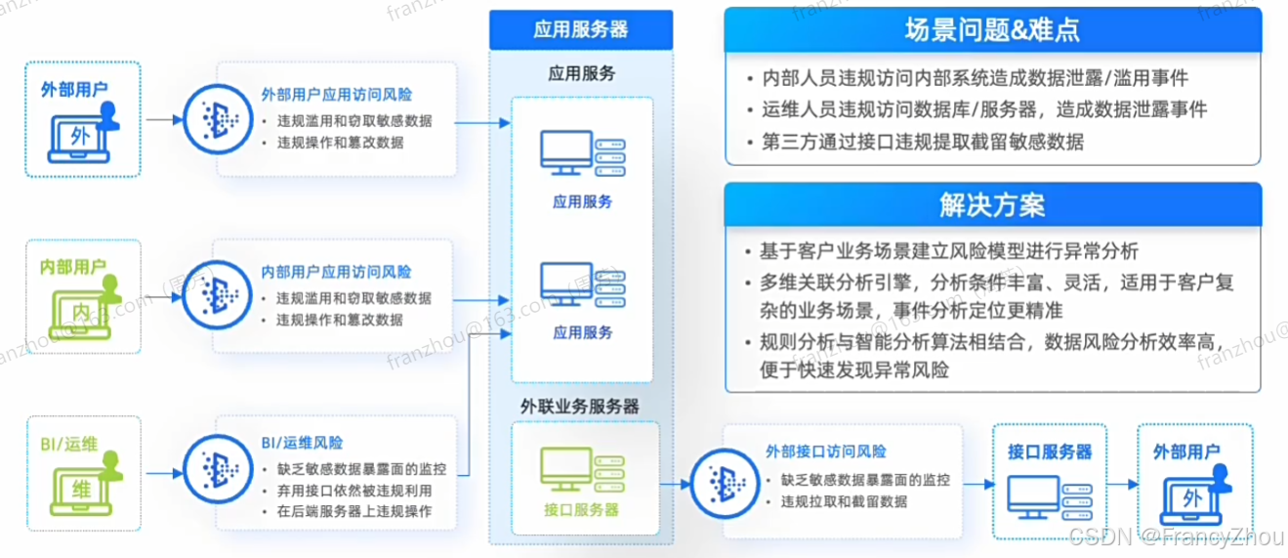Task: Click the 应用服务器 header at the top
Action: pos(580,28)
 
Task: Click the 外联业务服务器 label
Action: pos(580,405)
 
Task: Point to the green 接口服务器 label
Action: pos(580,510)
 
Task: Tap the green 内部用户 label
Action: pos(73,266)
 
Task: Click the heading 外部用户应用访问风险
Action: pos(336,96)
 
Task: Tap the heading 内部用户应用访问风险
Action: pos(336,272)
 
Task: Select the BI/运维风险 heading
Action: pos(302,444)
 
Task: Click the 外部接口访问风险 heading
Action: pos(826,451)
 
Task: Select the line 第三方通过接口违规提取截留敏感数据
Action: pos(922,142)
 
